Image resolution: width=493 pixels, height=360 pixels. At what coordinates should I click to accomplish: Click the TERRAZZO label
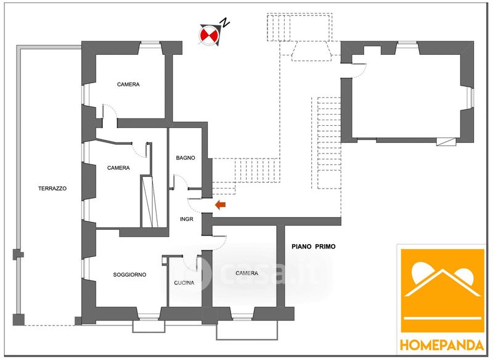(x=51, y=188)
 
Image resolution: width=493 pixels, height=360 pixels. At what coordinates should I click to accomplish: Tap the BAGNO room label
(x=185, y=158)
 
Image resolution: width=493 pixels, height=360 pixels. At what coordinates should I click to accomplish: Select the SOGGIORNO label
(x=129, y=274)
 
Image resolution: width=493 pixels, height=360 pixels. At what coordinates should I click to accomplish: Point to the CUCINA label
(x=184, y=283)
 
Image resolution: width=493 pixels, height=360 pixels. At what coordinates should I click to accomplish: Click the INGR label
(x=187, y=219)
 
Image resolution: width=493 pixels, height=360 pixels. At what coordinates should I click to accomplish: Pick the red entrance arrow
(x=219, y=205)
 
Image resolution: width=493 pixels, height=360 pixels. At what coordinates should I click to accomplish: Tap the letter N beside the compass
(x=226, y=23)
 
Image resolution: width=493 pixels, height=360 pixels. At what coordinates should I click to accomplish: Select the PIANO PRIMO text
(x=313, y=246)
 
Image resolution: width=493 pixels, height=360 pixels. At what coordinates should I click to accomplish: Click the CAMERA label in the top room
(x=128, y=84)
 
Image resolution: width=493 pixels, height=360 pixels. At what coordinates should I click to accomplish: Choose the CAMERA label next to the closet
(x=118, y=168)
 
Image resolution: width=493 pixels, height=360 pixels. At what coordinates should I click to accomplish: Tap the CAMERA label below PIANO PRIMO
(x=246, y=273)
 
